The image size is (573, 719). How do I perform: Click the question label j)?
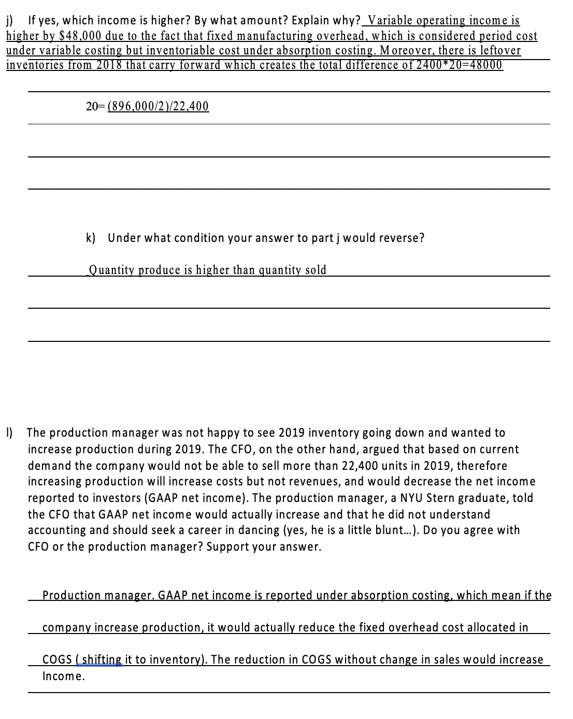click(x=10, y=21)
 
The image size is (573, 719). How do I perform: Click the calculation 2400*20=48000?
click(x=456, y=65)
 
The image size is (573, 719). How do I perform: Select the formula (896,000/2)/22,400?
click(x=158, y=107)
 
